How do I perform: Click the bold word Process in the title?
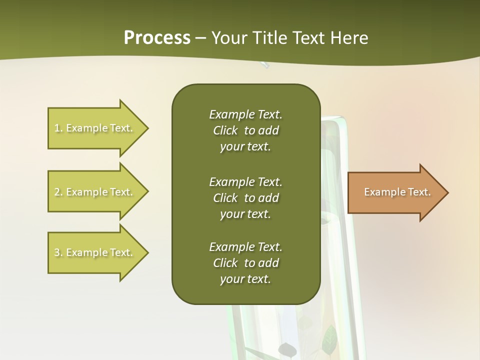157,38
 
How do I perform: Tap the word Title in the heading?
270,38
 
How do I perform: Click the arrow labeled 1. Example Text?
95,128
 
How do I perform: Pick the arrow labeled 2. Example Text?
95,192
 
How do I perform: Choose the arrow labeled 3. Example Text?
95,252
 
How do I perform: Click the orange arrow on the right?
395,192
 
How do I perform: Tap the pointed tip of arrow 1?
147,128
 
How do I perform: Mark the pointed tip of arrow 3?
147,252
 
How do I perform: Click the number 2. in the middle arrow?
58,192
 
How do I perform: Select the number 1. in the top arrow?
58,128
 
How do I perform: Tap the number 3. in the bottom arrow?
58,252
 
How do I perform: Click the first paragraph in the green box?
245,130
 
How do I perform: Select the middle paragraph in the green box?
245,198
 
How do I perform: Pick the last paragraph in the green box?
245,263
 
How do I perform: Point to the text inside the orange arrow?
397,192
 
